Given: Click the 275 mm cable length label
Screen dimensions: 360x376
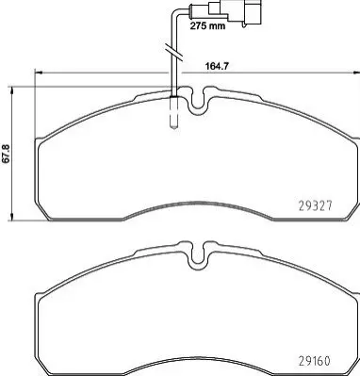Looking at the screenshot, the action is coord(207,25).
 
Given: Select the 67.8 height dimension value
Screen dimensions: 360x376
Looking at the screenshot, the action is coord(7,154).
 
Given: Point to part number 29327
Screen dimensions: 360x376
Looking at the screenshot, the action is coord(314,206).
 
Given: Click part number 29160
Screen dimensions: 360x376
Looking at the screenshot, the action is coord(314,361).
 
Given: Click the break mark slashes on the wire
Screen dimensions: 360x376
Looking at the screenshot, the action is coord(172,52).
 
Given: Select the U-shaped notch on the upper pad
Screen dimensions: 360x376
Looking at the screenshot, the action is coord(197,101).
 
